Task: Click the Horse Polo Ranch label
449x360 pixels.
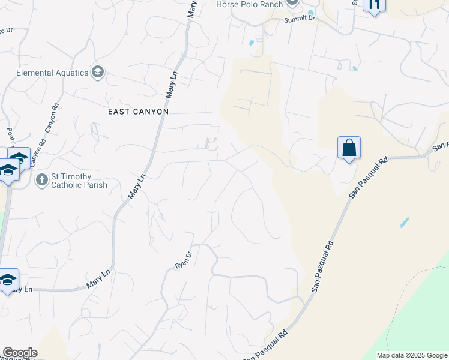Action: [249, 4]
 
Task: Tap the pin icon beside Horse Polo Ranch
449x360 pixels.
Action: [292, 3]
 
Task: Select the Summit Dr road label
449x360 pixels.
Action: [300, 19]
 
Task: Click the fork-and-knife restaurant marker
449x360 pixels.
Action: [375, 5]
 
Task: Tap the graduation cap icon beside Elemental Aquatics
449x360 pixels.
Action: [97, 73]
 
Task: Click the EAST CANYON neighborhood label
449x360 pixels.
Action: [138, 112]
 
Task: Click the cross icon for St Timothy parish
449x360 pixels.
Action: [41, 179]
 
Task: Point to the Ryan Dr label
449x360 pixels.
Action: [182, 259]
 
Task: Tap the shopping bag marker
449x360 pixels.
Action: [349, 148]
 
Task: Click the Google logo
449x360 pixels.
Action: [20, 353]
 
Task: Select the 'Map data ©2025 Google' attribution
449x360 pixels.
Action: [411, 355]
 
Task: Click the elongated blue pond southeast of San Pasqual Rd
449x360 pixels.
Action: [405, 222]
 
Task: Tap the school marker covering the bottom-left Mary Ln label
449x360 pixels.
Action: [8, 280]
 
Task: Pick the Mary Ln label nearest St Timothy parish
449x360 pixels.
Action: [137, 187]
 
